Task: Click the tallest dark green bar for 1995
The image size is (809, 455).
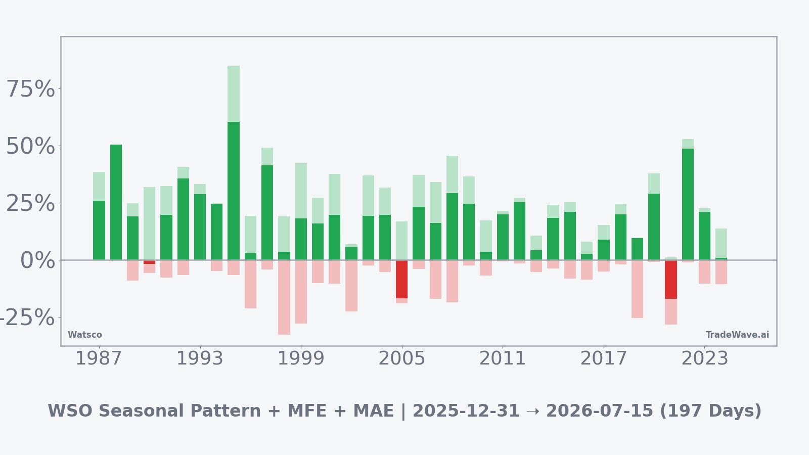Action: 234,191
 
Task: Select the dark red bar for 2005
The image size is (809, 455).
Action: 401,279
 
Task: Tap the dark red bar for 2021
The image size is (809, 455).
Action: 670,279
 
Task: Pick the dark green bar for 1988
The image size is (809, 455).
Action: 116,202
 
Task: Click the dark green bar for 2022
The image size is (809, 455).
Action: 688,204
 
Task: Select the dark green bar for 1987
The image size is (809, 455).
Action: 99,230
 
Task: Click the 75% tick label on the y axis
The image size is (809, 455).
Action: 30,89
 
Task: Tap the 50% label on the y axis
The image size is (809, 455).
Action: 30,147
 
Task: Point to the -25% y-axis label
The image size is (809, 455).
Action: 26,318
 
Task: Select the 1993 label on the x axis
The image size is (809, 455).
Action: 200,359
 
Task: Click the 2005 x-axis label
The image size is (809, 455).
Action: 401,359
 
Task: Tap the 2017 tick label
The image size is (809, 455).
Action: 603,359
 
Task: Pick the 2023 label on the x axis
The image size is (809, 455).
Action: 704,359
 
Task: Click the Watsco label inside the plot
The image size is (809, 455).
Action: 85,335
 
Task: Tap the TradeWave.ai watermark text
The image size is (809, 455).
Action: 737,335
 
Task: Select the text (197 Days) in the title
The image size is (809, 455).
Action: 710,411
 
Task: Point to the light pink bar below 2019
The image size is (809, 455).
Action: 637,289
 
